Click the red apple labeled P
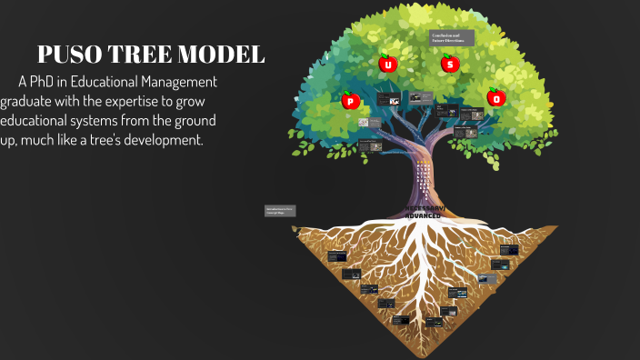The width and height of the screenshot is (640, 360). (x=350, y=101)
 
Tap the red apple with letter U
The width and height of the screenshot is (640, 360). (x=388, y=65)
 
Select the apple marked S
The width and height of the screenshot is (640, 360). (x=449, y=64)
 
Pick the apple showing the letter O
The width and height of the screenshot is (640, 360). (x=496, y=97)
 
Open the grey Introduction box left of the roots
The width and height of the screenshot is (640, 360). (x=279, y=211)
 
